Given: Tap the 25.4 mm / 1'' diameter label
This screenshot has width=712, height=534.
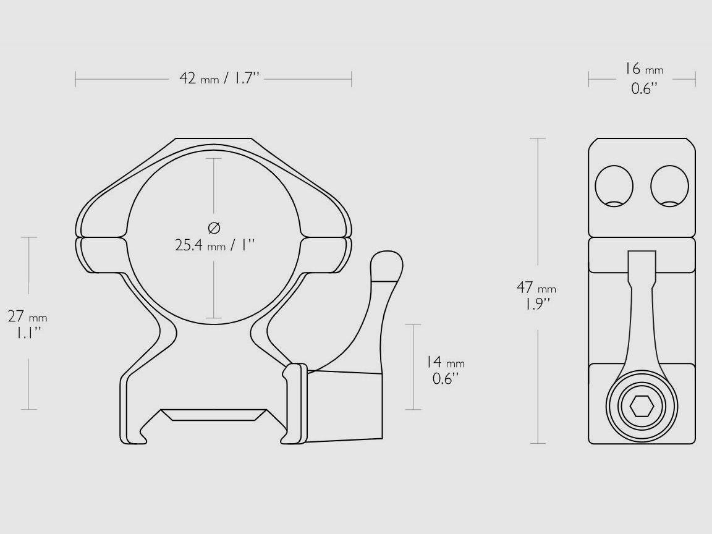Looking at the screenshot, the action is pyautogui.click(x=214, y=245).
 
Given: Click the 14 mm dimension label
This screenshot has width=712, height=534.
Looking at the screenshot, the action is pyautogui.click(x=444, y=370).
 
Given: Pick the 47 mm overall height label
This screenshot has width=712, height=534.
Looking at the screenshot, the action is pyautogui.click(x=536, y=295).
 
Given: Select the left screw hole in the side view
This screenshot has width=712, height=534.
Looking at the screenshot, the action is pyautogui.click(x=614, y=185).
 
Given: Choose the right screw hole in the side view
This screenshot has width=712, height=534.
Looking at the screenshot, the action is pyautogui.click(x=669, y=185).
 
